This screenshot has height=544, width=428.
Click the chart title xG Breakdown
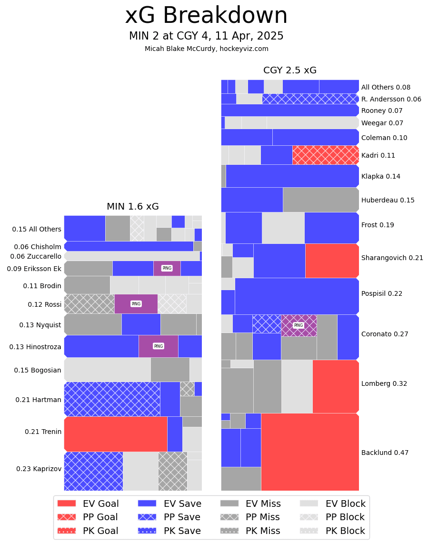point(206,16)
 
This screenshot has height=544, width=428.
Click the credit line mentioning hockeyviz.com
point(206,49)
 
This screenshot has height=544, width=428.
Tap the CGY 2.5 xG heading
point(289,71)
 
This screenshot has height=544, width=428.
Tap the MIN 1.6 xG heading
point(132,207)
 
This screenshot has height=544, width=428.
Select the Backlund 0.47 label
point(385,453)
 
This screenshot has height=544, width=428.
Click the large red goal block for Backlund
point(309,452)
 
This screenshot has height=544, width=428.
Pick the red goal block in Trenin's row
point(115,434)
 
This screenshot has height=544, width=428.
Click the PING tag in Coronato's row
point(299,325)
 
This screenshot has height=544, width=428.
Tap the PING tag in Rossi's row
point(136,304)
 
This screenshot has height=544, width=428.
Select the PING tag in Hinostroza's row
point(159,346)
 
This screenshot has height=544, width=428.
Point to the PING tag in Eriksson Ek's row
point(167,268)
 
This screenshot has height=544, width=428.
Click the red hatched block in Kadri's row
point(326,155)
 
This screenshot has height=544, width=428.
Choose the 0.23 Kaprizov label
point(39,469)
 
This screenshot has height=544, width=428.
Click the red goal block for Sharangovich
point(332,261)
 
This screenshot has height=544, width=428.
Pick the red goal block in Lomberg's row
point(336,386)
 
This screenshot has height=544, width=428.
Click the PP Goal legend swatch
point(67,517)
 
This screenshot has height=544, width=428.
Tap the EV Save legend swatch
point(147,504)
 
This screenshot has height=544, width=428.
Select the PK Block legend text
point(345,531)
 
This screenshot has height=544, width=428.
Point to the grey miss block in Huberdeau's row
point(320,200)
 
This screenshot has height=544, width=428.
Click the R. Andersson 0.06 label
point(391,99)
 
